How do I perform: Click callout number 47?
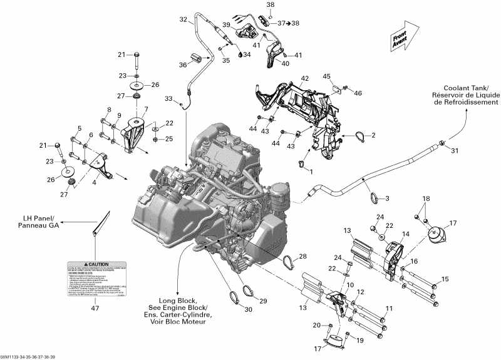[95, 308]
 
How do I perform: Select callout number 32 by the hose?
[183, 19]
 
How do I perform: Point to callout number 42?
[305, 79]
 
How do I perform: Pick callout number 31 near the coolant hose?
[455, 150]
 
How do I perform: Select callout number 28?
[303, 257]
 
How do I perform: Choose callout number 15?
[445, 278]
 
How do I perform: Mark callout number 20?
[316, 325]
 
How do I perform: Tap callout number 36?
[183, 64]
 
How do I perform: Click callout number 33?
[168, 99]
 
